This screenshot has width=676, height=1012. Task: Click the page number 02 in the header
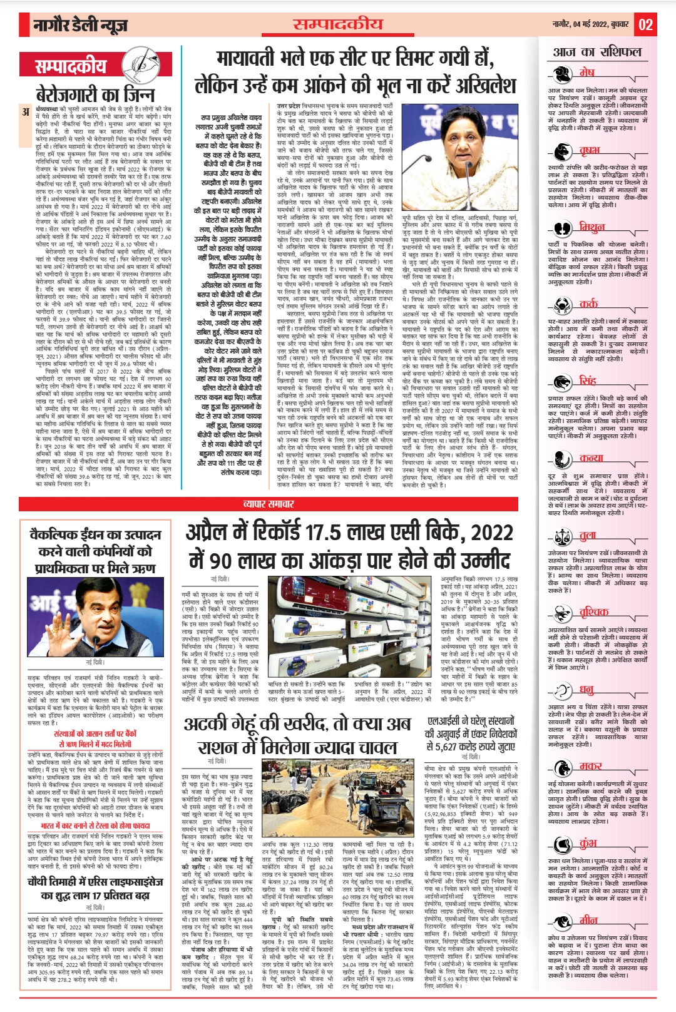[x=645, y=25]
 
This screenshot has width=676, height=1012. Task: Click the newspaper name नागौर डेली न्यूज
[x=82, y=26]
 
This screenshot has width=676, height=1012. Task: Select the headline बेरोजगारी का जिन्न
[x=95, y=95]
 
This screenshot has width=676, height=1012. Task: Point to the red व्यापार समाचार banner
[x=269, y=504]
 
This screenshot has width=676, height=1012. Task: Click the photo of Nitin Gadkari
[x=95, y=616]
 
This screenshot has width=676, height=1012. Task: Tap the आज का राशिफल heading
[x=597, y=53]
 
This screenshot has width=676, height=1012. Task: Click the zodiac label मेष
[x=586, y=71]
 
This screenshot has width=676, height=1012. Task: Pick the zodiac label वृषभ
[x=590, y=150]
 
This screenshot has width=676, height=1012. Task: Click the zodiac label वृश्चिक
[x=593, y=611]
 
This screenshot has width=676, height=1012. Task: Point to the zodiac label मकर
[x=590, y=765]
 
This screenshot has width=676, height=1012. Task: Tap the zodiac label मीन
[x=588, y=919]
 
